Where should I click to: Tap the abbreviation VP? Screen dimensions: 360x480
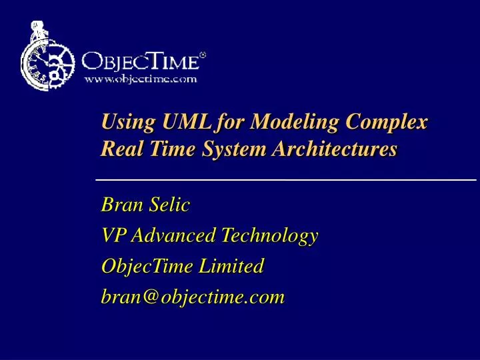click(113, 235)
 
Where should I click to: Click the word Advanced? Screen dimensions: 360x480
click(174, 235)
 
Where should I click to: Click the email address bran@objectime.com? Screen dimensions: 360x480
click(193, 296)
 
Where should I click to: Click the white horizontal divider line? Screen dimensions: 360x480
click(287, 180)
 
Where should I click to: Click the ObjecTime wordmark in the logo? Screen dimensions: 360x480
click(139, 63)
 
